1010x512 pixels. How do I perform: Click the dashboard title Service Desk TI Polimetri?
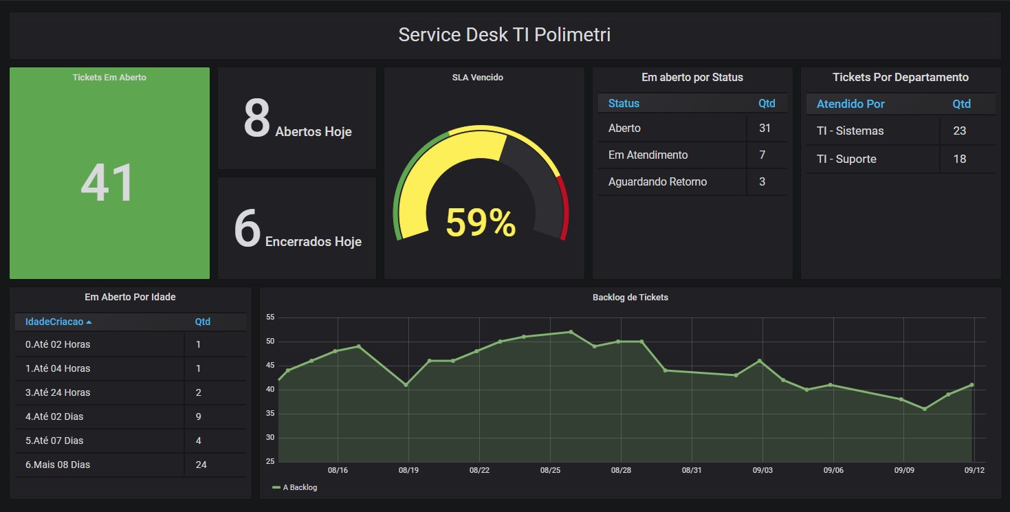pos(504,35)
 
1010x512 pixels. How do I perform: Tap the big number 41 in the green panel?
pos(108,183)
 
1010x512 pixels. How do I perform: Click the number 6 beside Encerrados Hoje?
pos(248,229)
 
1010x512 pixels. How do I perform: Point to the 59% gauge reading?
pos(481,223)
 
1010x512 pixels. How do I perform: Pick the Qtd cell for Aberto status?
pos(765,129)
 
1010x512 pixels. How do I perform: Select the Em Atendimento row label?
pos(648,155)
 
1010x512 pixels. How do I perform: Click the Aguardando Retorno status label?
pos(657,182)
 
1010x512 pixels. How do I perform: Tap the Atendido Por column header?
pos(850,104)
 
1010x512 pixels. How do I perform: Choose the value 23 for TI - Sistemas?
pos(960,131)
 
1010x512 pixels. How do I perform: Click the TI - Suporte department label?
pos(846,159)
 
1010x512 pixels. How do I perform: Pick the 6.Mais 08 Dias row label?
pos(58,465)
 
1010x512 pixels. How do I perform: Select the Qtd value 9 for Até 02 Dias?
pos(198,416)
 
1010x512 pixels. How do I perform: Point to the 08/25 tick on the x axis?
pos(550,470)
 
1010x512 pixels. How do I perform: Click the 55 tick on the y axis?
pos(270,318)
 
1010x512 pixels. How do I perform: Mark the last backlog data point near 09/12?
pos(971,385)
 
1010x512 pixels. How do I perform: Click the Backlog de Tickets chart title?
pos(630,298)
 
